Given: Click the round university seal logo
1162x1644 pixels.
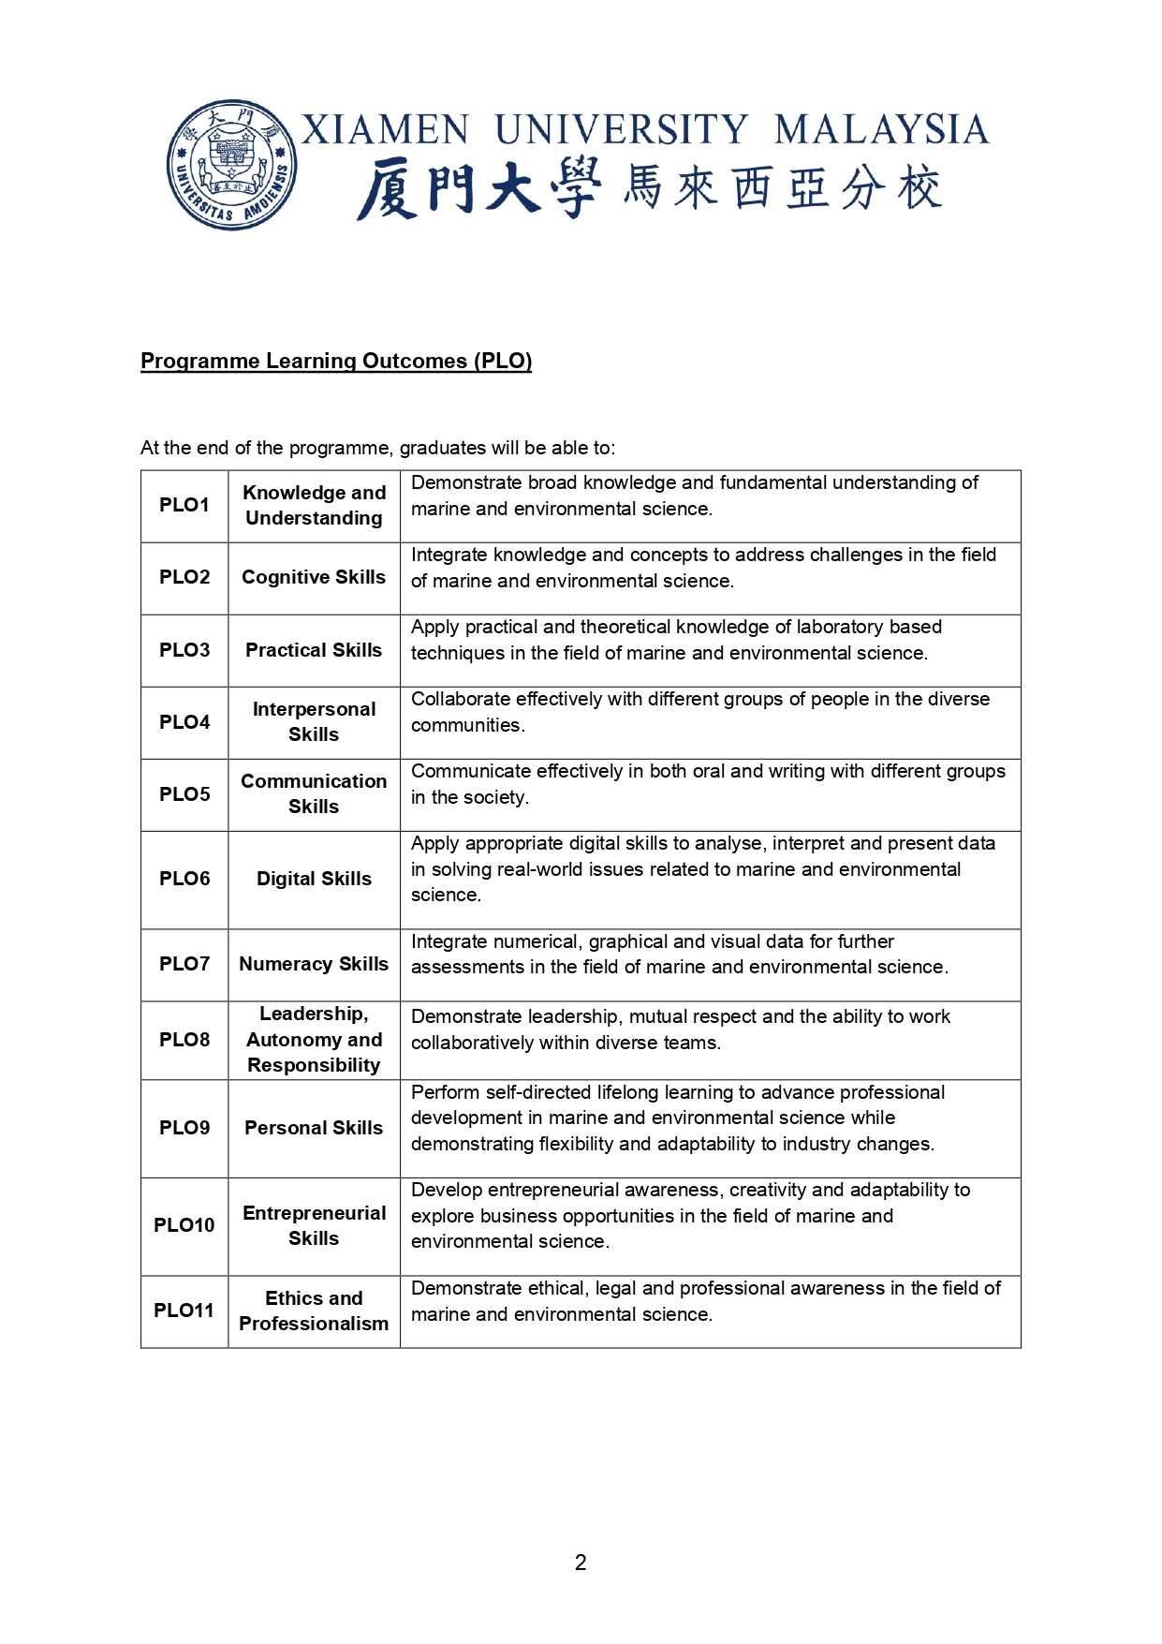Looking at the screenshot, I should (231, 165).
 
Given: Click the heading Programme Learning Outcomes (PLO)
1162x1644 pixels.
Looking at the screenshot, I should (336, 361).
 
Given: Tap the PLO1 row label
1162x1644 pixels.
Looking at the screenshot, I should (184, 505).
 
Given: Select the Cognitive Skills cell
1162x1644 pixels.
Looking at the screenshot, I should (314, 577).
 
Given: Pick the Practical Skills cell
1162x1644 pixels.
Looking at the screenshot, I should (314, 650).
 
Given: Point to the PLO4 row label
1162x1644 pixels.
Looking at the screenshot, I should (184, 722).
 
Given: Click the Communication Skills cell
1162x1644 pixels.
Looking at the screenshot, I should (314, 793).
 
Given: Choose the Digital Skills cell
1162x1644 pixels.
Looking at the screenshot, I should (314, 879).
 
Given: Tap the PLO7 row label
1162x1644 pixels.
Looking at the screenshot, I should (184, 964).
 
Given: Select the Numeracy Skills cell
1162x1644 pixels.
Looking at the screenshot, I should (314, 964).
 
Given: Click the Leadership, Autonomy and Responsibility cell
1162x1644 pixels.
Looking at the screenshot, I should (314, 1040).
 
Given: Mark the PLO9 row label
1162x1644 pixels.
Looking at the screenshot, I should (184, 1128).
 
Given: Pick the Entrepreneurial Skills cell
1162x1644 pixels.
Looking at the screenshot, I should (314, 1225).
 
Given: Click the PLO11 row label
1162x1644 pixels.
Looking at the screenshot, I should (184, 1311).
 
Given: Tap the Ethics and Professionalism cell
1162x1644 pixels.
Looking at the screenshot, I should (314, 1311).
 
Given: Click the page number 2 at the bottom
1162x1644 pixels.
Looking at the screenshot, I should (581, 1563).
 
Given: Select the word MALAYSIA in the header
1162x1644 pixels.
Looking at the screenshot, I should (881, 130).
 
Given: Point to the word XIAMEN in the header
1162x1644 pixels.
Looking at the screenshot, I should (385, 130).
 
